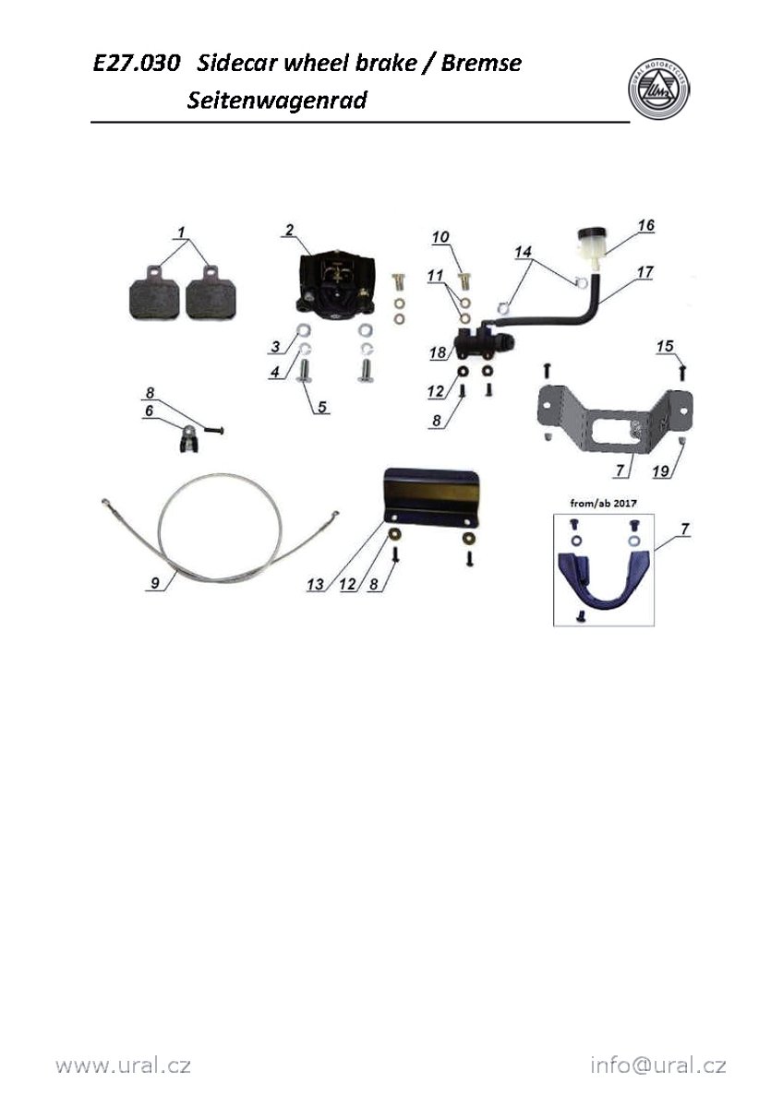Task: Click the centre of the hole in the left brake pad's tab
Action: pos(155,271)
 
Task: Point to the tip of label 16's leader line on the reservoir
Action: pos(606,256)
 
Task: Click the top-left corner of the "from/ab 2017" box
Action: pos(553,514)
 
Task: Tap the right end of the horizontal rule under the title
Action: pos(630,122)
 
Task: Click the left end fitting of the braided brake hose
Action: pos(106,502)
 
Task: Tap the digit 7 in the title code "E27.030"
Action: pos(126,64)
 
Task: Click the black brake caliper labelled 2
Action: pos(335,283)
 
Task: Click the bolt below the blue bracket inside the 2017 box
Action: pos(582,615)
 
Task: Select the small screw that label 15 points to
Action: pos(682,371)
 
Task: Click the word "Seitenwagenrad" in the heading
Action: pos(277,101)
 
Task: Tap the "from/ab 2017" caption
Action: pos(602,503)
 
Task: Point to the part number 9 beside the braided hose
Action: pos(155,583)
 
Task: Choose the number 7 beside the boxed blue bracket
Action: pos(684,529)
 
